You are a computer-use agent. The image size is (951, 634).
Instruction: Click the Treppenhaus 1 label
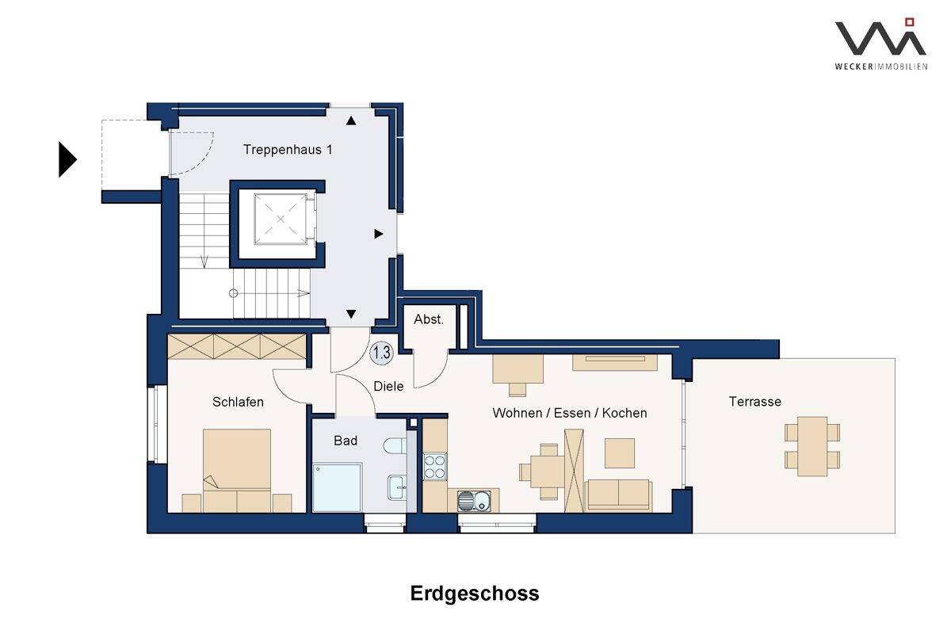[288, 150]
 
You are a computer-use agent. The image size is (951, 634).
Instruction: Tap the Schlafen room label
[238, 402]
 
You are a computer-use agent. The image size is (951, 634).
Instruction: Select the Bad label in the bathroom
[346, 441]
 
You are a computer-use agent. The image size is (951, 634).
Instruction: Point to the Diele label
[388, 386]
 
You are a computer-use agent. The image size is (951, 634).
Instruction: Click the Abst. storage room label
[429, 319]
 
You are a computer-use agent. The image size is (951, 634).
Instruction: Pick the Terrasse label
[754, 401]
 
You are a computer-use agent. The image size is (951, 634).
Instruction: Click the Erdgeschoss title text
[475, 594]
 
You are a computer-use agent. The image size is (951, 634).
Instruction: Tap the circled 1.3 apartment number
[382, 353]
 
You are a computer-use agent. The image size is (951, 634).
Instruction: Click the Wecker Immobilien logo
[881, 44]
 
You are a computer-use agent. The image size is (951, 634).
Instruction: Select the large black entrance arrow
[67, 159]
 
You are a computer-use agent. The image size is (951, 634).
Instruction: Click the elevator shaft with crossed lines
[281, 219]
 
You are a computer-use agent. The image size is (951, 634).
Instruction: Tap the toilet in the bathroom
[395, 445]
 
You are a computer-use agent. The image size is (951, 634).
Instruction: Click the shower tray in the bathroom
[337, 487]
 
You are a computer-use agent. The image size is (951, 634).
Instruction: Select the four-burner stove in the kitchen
[435, 466]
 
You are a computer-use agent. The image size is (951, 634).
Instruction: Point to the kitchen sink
[474, 501]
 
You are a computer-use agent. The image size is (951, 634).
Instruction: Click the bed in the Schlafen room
[237, 471]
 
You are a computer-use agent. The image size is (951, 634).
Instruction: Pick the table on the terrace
[812, 446]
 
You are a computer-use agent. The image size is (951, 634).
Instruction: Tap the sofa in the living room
[618, 495]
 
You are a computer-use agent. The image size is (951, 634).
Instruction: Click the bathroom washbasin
[397, 487]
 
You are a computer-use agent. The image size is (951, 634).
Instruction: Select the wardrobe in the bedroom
[237, 346]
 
